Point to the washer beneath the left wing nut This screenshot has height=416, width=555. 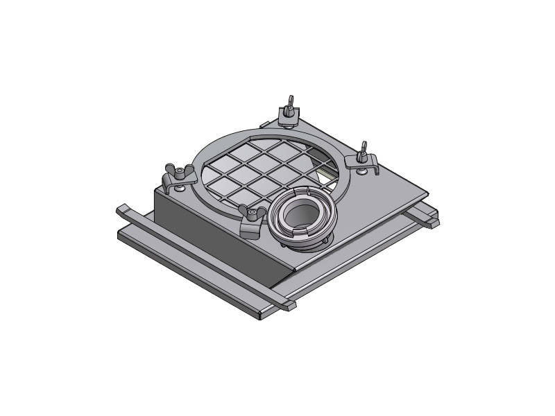[180, 187]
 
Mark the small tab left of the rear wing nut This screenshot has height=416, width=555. [264, 121]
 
